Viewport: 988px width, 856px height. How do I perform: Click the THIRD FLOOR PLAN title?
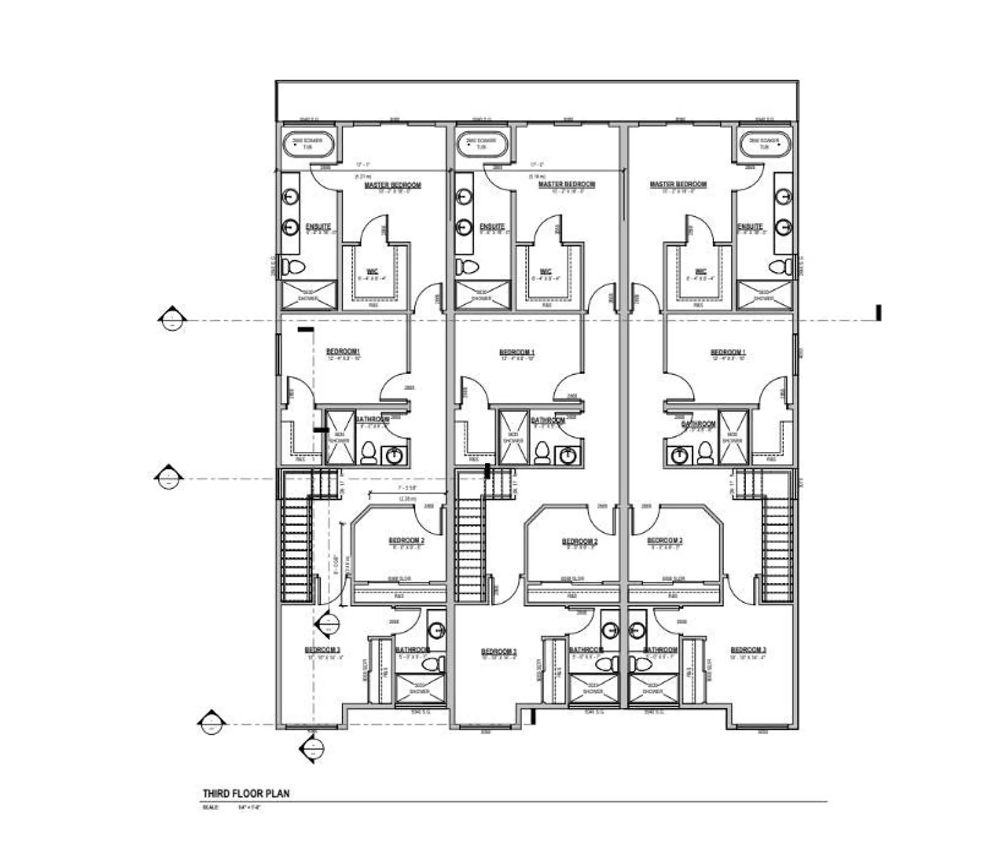(246, 793)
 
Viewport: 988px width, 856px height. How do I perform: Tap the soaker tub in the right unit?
(764, 144)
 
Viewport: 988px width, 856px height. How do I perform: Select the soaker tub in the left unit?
(308, 144)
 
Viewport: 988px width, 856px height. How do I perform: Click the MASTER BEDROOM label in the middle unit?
(567, 184)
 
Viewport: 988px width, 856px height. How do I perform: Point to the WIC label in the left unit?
(373, 271)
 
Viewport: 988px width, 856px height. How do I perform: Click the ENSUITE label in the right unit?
(750, 227)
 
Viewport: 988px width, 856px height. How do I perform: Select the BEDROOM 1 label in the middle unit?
(517, 353)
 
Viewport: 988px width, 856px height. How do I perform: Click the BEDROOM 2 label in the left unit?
(407, 541)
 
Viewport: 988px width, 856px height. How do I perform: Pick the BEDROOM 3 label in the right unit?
(748, 650)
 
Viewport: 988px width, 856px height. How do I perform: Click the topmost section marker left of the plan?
(170, 320)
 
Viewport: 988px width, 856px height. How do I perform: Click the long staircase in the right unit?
(777, 551)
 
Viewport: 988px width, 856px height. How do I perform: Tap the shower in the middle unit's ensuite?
(482, 295)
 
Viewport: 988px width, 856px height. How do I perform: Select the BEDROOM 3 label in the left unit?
(323, 650)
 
